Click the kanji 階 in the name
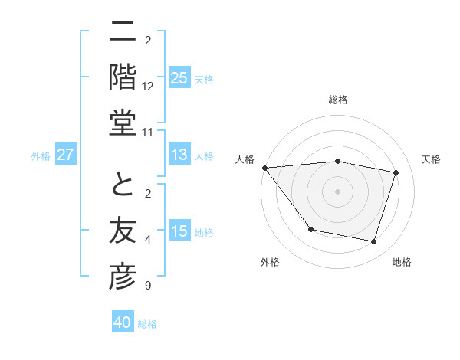[x=123, y=77]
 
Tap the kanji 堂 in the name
[x=123, y=123]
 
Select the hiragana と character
[x=123, y=184]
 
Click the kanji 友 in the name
[x=123, y=231]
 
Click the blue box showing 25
[x=179, y=78]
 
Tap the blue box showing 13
[x=179, y=155]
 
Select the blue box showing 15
[x=179, y=232]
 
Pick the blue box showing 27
[x=66, y=155]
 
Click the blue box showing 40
[x=123, y=322]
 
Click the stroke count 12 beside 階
[x=148, y=87]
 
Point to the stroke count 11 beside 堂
[x=148, y=133]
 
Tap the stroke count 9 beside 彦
[x=148, y=286]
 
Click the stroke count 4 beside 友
[x=148, y=240]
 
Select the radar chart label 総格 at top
[x=338, y=100]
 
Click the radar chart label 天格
[x=432, y=159]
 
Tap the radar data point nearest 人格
[x=264, y=168]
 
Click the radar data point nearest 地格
[x=373, y=242]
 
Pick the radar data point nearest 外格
[x=310, y=229]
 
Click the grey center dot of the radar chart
[x=337, y=191]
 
